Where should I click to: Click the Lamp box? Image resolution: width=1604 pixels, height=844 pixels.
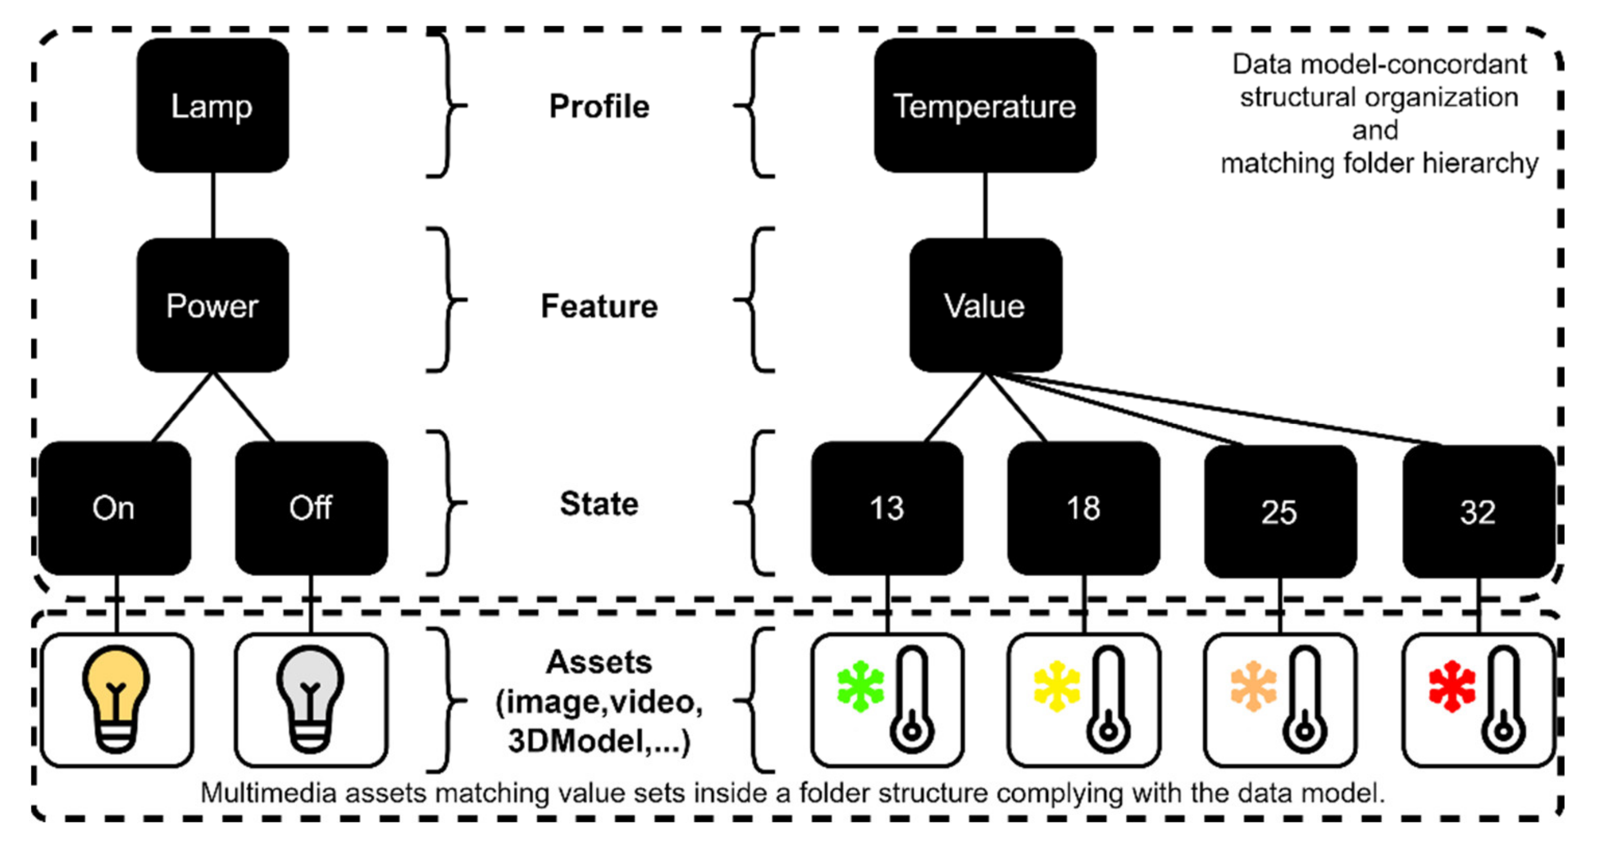click(x=212, y=105)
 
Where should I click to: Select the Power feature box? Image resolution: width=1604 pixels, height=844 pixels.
click(x=212, y=305)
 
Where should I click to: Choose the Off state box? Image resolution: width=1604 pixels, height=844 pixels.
click(x=311, y=508)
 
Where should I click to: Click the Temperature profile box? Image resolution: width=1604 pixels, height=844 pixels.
click(x=984, y=105)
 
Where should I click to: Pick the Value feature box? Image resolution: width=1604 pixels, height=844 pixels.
click(x=985, y=305)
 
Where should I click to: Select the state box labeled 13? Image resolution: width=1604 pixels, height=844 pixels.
click(x=887, y=508)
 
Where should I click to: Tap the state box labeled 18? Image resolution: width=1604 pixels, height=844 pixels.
click(x=1084, y=508)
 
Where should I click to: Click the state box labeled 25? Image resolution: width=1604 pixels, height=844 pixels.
click(x=1279, y=511)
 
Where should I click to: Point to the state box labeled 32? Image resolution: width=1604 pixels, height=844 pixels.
click(x=1478, y=511)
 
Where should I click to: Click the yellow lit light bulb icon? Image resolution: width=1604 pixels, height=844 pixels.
click(x=116, y=697)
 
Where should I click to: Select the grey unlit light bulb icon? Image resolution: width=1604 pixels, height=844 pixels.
click(x=310, y=697)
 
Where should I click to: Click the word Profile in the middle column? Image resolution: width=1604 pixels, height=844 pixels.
click(x=599, y=107)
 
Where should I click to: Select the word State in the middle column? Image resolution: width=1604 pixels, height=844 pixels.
click(x=599, y=503)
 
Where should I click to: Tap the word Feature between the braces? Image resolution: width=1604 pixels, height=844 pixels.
click(x=599, y=306)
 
